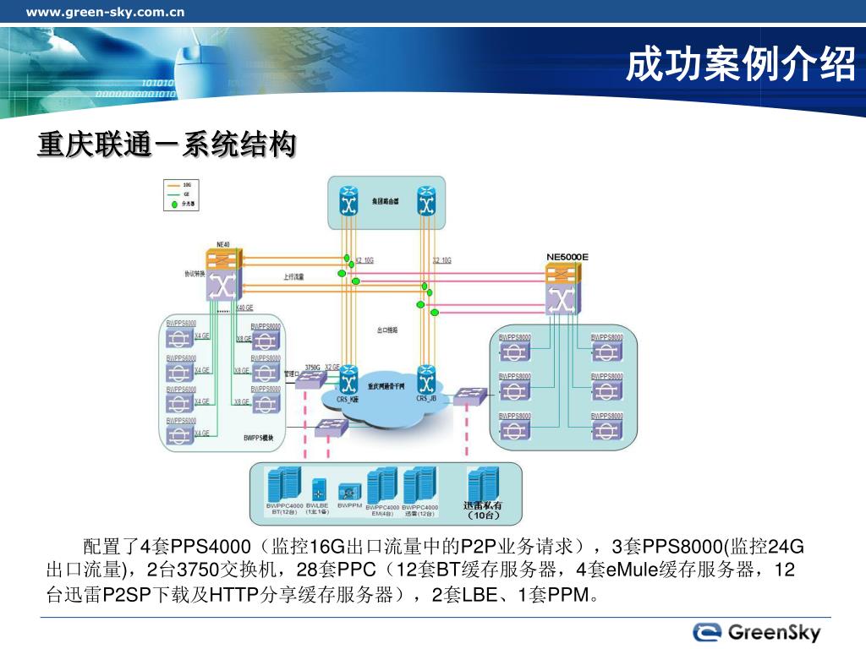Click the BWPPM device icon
coord(349,490)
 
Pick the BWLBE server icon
coord(318,489)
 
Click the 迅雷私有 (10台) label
coord(484,510)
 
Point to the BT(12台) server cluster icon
coord(284,485)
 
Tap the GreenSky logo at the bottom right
coord(758,631)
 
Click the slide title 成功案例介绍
coord(741,65)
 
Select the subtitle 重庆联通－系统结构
coord(167,145)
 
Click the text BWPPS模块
coord(259,438)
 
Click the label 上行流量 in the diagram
coord(293,276)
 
